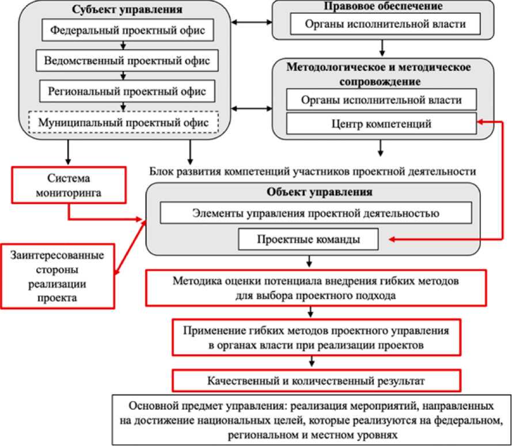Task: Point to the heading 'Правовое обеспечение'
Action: pyautogui.click(x=382, y=7)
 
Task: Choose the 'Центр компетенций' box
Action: pyautogui.click(x=382, y=123)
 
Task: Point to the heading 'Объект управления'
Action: pyautogui.click(x=311, y=191)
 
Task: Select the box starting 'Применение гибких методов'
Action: pyautogui.click(x=316, y=337)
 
